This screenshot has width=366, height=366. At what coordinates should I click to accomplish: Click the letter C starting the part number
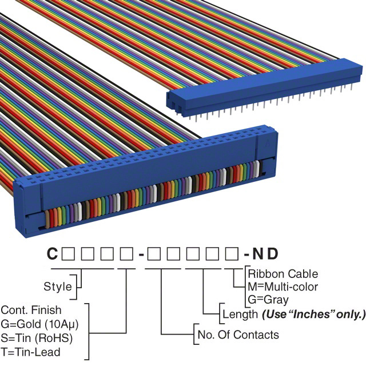click(x=52, y=253)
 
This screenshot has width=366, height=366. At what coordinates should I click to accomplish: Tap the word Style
click(x=58, y=287)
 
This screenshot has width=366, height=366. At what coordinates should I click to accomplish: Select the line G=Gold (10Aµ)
click(x=39, y=324)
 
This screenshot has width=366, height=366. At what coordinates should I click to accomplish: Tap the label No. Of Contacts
click(x=238, y=335)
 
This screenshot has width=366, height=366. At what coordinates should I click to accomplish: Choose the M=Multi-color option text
click(x=283, y=287)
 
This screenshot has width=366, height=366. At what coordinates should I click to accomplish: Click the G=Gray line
click(x=268, y=299)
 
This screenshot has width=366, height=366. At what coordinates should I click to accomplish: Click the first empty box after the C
click(x=67, y=253)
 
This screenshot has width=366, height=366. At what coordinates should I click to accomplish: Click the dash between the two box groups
click(x=140, y=253)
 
